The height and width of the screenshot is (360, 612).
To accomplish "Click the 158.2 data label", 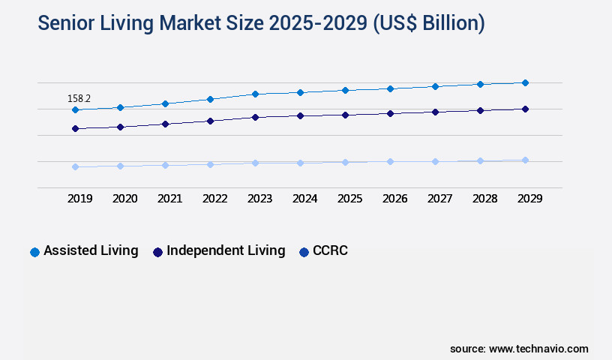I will click(79, 98).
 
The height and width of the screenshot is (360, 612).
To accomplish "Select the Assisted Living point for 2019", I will click(75, 110).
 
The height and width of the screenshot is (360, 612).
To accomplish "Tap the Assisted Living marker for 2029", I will click(525, 82).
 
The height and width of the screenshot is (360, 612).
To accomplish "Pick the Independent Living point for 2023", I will click(255, 117).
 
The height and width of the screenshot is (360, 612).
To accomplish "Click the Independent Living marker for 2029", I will click(525, 109).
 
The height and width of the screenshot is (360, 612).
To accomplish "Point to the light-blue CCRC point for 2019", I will click(75, 166).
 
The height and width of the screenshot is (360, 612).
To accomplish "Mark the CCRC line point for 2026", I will click(390, 161).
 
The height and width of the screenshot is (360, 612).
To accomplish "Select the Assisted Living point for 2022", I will click(210, 99).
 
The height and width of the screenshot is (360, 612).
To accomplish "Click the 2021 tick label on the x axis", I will click(169, 199).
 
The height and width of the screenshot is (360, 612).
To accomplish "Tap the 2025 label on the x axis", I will click(349, 199).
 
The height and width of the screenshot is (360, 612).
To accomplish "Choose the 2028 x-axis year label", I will click(484, 199).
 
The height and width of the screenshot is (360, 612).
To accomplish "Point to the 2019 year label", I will click(79, 199).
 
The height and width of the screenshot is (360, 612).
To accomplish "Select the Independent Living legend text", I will click(226, 250).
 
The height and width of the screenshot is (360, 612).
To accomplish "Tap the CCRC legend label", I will click(331, 250).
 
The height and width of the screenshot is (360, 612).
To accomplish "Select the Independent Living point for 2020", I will click(120, 127).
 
